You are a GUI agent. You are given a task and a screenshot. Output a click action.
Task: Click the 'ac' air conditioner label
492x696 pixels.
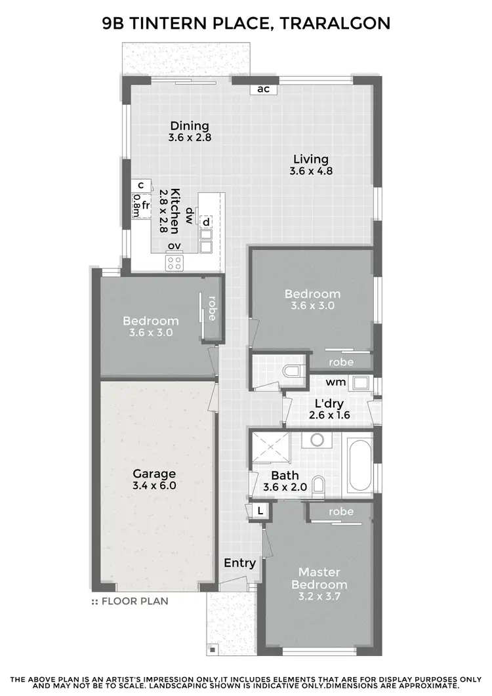264,89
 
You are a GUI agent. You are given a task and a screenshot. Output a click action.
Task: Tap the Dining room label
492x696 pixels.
190,126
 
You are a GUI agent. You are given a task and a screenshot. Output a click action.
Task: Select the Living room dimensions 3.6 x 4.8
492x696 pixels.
311,171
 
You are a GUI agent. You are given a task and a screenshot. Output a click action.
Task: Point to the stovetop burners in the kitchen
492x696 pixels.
174,263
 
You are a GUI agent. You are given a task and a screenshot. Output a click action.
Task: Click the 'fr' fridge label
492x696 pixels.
146,205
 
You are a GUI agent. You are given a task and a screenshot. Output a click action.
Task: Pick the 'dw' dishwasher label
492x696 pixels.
189,216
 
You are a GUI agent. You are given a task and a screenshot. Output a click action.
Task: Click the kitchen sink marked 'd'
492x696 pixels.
206,222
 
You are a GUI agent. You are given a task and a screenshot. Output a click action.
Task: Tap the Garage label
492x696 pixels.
154,474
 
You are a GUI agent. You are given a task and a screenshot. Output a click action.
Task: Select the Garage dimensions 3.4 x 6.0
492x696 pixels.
154,486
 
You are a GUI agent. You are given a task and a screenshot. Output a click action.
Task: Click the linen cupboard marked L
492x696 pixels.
260,510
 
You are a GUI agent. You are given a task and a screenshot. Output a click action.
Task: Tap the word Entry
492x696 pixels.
239,563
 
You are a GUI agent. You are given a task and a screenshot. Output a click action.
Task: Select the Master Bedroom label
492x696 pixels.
319,579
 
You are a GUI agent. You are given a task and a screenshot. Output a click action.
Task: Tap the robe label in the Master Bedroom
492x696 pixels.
341,512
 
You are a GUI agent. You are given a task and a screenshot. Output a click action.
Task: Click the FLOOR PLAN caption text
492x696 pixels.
134,600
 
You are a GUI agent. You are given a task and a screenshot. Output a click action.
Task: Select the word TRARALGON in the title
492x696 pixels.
335,24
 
